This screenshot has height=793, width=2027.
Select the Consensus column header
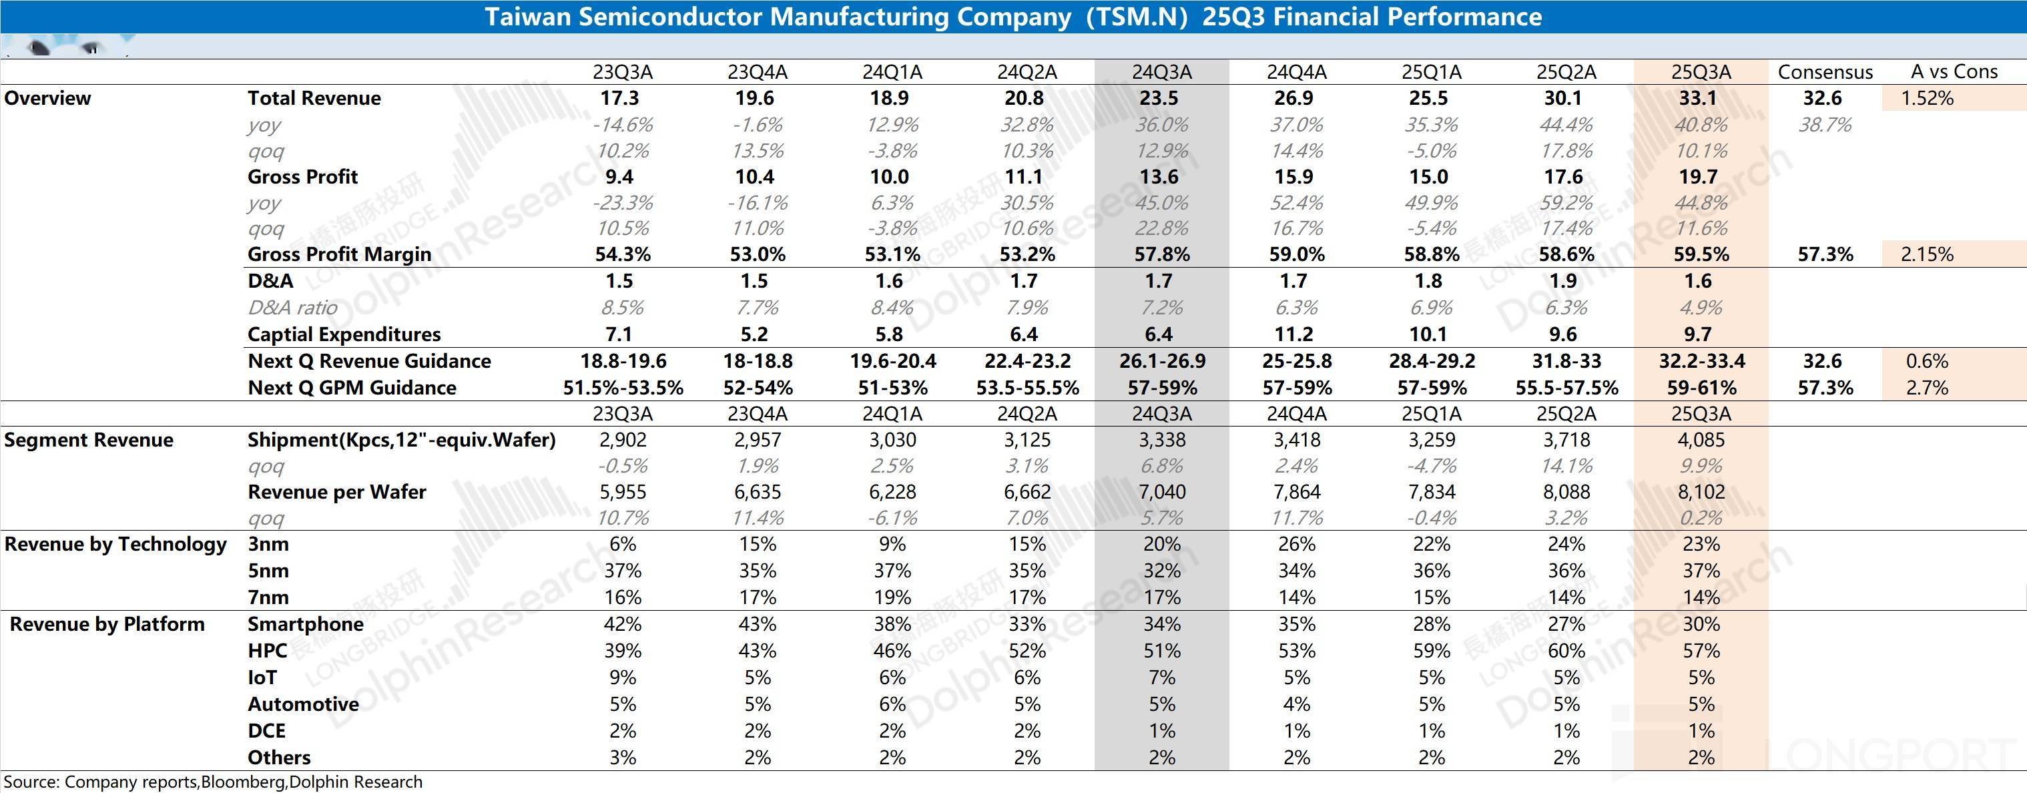coord(1825,72)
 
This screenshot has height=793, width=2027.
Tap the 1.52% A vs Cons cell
coord(1926,98)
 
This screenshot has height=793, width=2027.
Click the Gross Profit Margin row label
coord(339,254)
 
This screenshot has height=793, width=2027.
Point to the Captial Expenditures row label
coord(344,334)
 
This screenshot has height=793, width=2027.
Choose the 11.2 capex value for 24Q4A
coord(1293,334)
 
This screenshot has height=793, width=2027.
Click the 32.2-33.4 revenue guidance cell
coord(1701,361)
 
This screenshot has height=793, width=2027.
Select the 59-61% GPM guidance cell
coord(1701,388)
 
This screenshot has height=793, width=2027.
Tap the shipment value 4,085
coord(1701,440)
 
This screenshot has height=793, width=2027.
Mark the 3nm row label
coord(268,543)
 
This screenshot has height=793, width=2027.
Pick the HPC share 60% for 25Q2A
coord(1566,651)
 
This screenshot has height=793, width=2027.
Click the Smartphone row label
coord(305,624)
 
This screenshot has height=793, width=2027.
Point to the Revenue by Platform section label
coord(107,624)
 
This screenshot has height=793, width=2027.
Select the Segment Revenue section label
coord(88,440)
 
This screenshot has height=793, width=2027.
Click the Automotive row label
coord(303,704)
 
